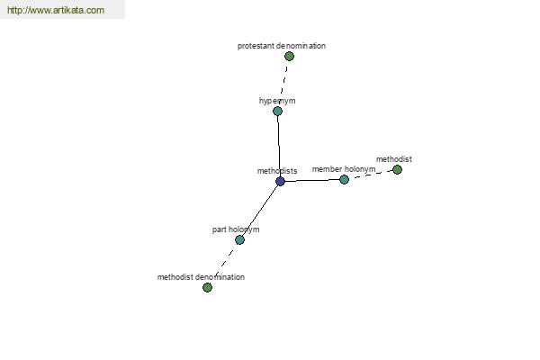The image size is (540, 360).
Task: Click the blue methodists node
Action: coord(280,181)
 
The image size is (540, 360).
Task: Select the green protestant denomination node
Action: coord(289,56)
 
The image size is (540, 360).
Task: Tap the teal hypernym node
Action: coord(277,111)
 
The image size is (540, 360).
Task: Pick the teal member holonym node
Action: coord(344,179)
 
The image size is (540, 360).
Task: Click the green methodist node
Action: coord(397,169)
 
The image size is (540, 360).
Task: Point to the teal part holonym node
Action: coord(239,239)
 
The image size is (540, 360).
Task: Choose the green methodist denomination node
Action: coord(207,287)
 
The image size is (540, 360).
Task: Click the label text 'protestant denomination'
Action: coord(282,46)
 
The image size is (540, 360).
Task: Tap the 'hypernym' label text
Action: coord(277,101)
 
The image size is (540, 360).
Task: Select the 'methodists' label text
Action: coord(277,171)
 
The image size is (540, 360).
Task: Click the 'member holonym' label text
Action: coord(344,169)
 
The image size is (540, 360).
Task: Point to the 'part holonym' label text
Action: coord(236,229)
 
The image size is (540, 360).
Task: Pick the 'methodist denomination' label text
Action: coord(201,277)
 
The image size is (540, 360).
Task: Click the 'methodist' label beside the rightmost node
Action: coord(394,159)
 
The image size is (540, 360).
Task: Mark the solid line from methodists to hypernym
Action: coord(279,146)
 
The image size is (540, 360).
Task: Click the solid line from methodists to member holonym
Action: coord(312,180)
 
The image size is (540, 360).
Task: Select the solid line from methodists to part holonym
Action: coord(260,211)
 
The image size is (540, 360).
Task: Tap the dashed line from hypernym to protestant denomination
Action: coord(283,81)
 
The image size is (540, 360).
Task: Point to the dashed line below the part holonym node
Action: coord(225,262)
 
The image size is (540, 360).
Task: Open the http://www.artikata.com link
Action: coord(56,10)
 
